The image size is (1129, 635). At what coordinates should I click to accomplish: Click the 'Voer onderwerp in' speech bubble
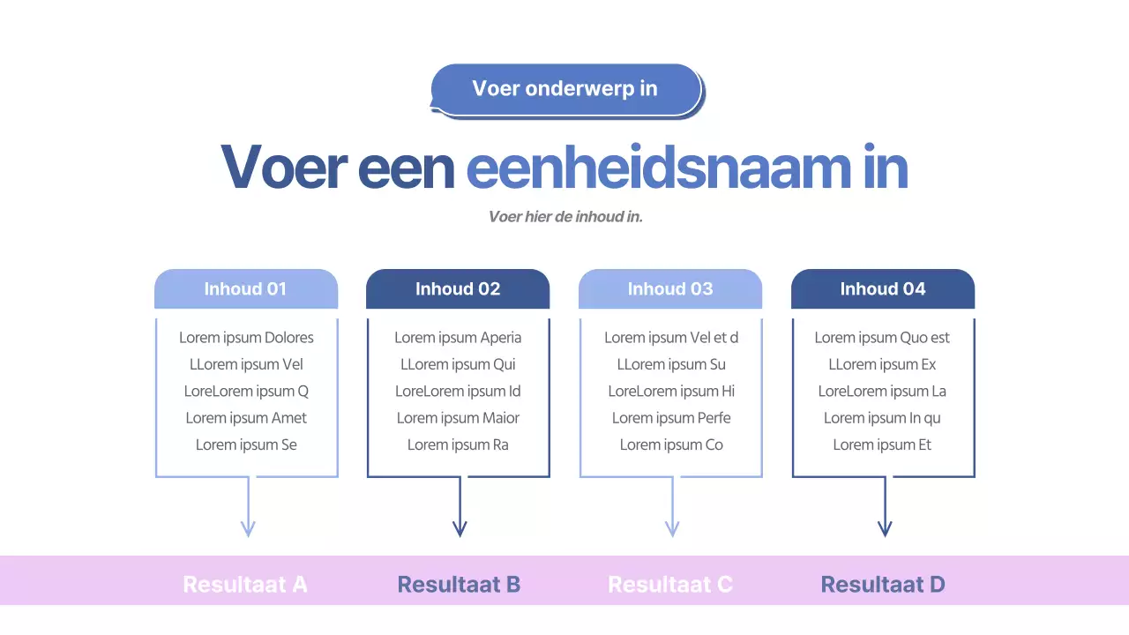(x=565, y=89)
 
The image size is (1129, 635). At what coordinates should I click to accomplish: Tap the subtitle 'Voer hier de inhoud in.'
(x=565, y=216)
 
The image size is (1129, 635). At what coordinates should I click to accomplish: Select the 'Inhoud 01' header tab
(x=245, y=289)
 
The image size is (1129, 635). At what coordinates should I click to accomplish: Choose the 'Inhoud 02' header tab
(x=458, y=289)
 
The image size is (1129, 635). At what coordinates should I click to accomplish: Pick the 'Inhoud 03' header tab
(x=670, y=289)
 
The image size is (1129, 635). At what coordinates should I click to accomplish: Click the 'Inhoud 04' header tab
(x=883, y=289)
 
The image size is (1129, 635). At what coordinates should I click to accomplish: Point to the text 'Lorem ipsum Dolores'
(x=246, y=338)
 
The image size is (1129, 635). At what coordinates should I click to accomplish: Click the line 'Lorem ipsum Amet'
(x=246, y=418)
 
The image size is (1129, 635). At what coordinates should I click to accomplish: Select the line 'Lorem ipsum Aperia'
(x=458, y=338)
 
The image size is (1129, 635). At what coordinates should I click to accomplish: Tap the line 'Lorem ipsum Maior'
(x=458, y=418)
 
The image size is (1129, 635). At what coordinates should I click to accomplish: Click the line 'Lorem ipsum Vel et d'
(x=671, y=338)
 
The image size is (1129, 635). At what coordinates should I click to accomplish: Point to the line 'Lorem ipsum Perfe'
(x=671, y=418)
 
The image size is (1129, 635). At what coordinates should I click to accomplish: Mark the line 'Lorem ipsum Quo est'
(x=882, y=338)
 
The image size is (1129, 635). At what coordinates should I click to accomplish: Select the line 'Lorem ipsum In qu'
(x=882, y=418)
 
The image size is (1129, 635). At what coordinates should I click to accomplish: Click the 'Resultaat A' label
(x=245, y=584)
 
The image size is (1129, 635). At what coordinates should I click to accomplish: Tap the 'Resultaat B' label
(x=459, y=584)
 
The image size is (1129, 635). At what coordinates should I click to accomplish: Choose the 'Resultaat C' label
(x=670, y=584)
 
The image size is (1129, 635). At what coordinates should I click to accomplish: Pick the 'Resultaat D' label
(x=883, y=584)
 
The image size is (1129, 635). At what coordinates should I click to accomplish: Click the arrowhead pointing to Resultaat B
(x=460, y=528)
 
